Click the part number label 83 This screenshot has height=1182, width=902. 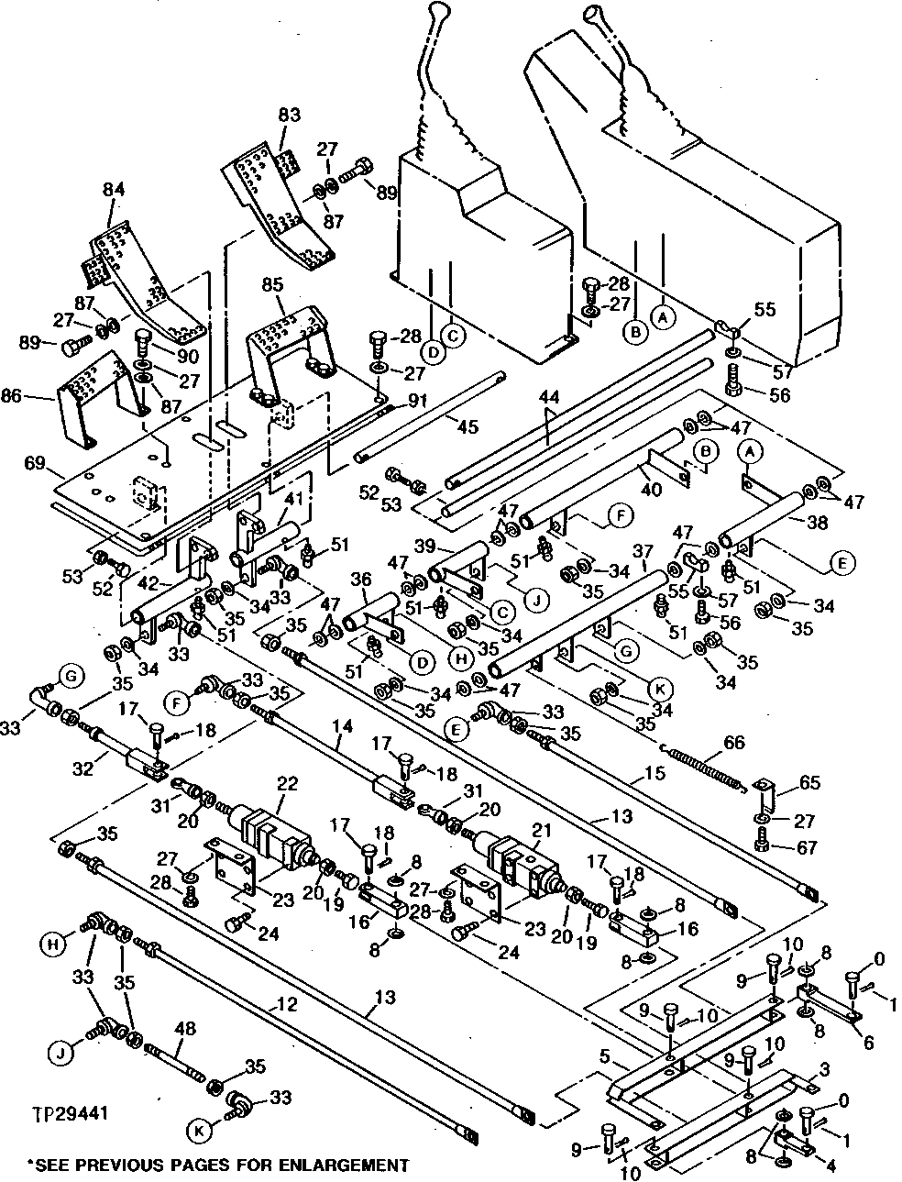pos(290,116)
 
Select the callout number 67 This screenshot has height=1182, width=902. pos(808,848)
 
